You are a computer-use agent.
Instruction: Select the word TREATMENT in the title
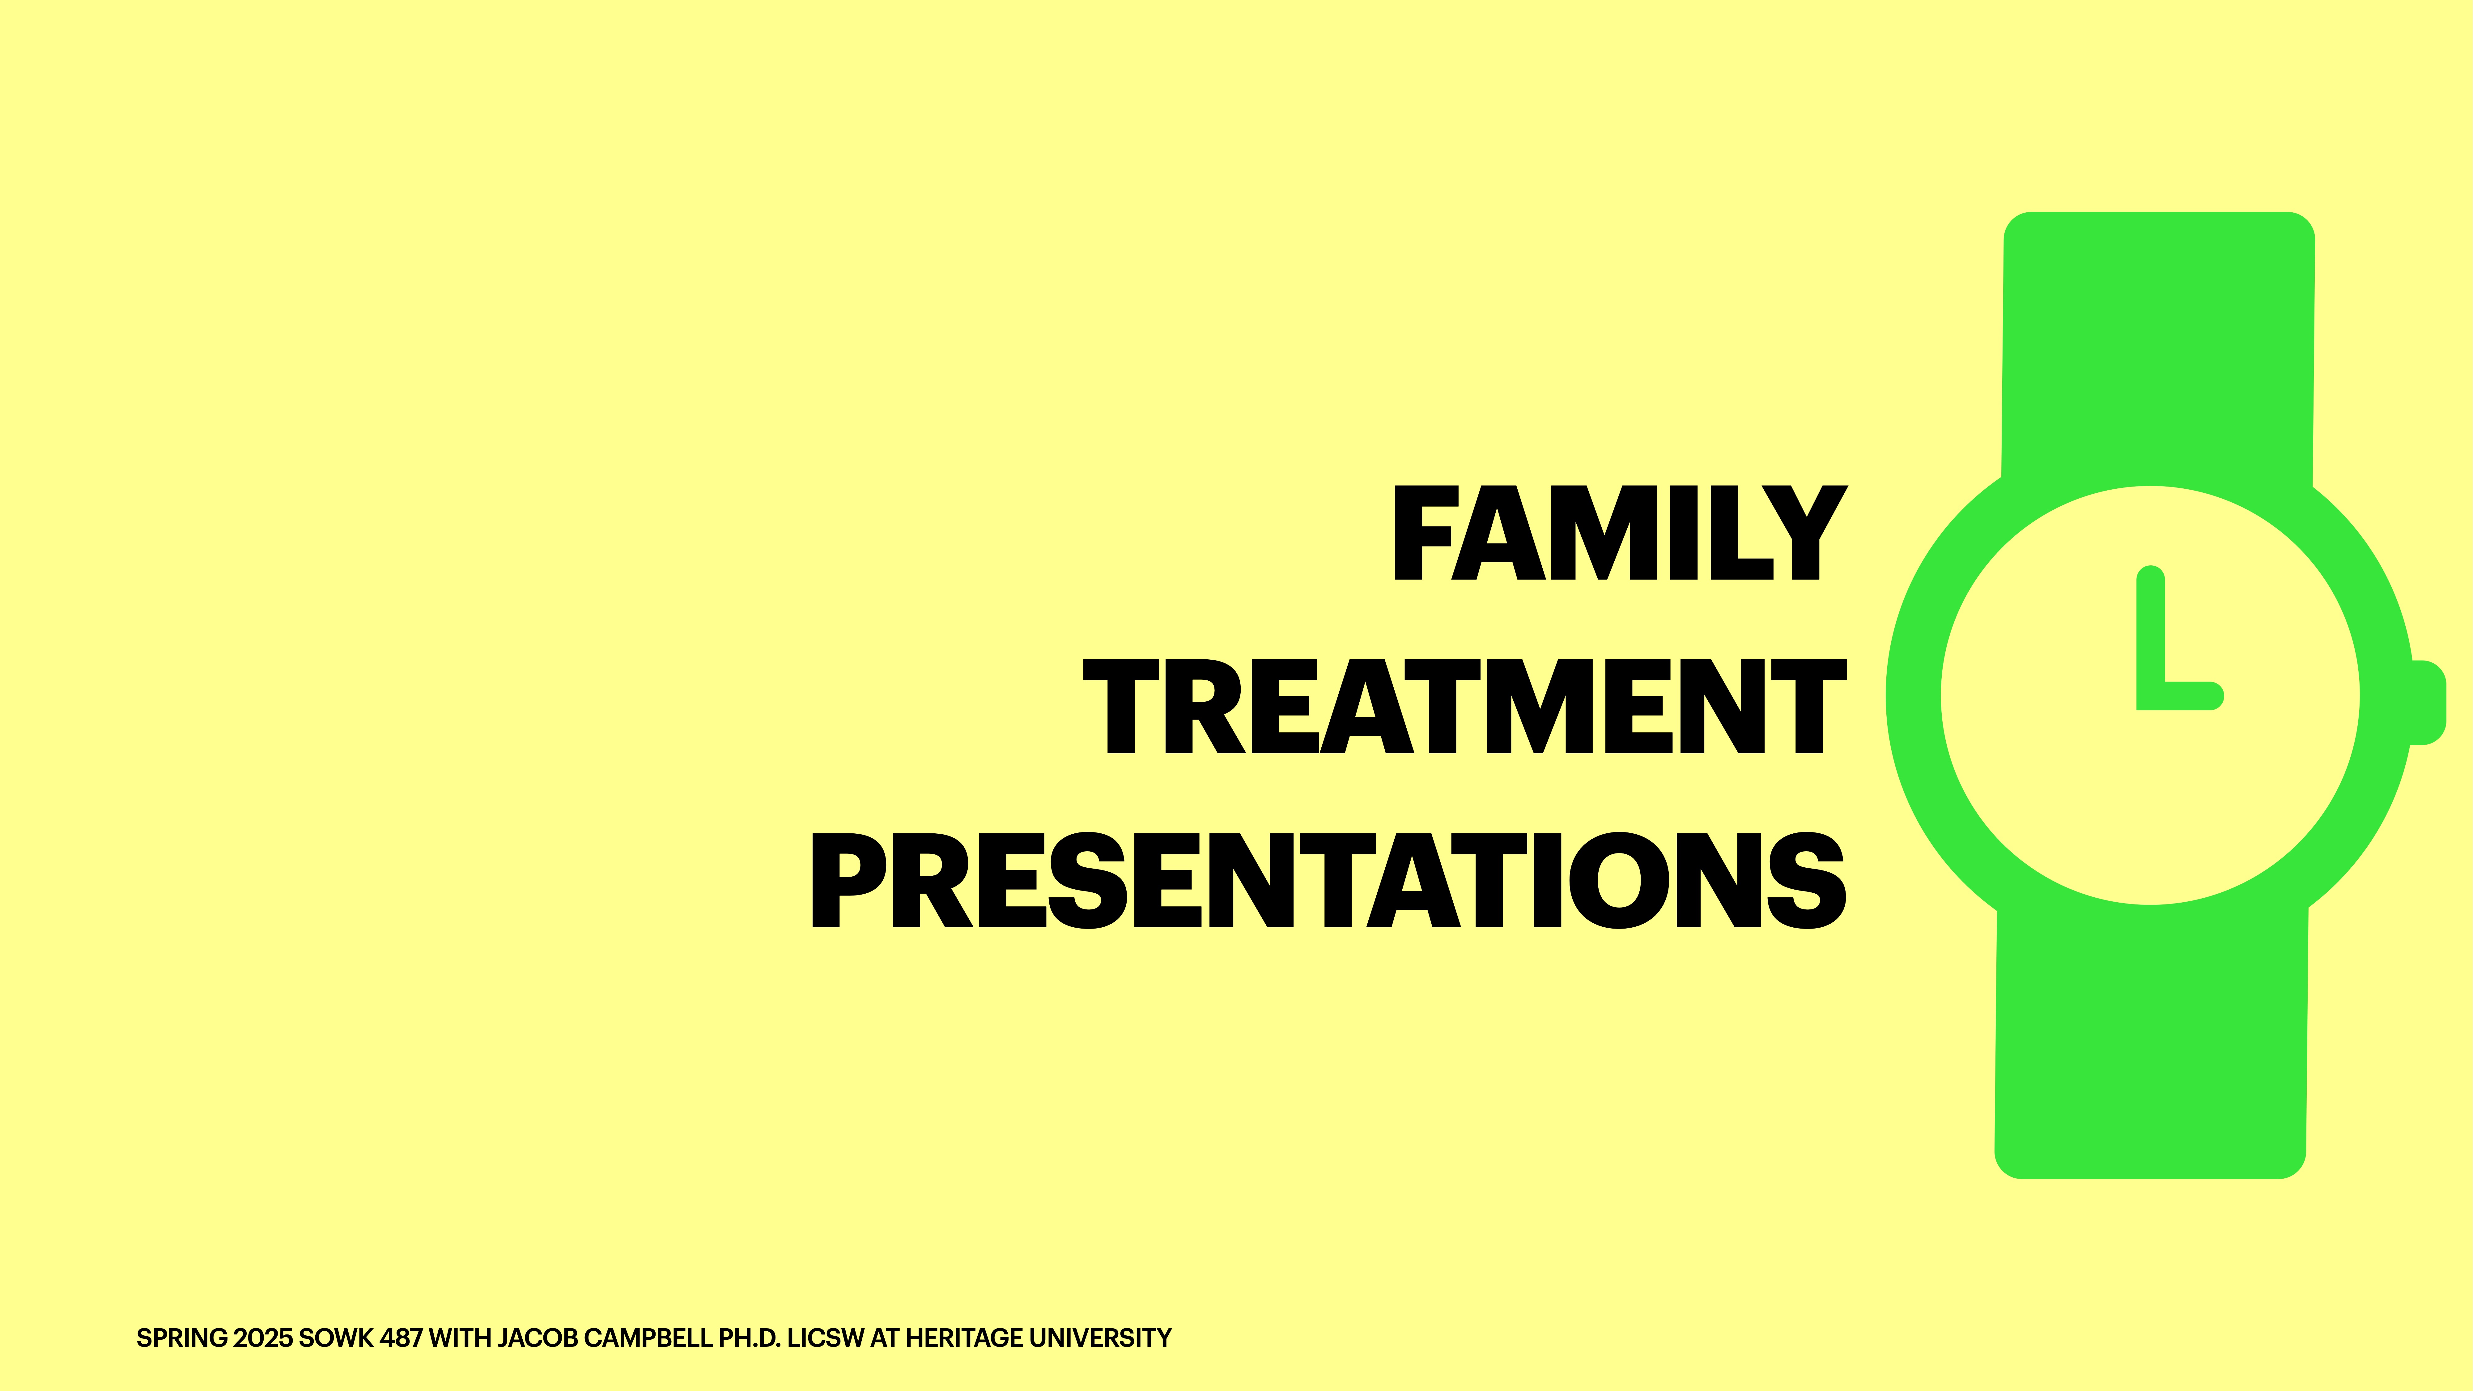tap(1464, 707)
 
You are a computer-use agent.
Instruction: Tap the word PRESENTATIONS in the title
tap(1328, 880)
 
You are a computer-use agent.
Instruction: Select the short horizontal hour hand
tap(2189, 696)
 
